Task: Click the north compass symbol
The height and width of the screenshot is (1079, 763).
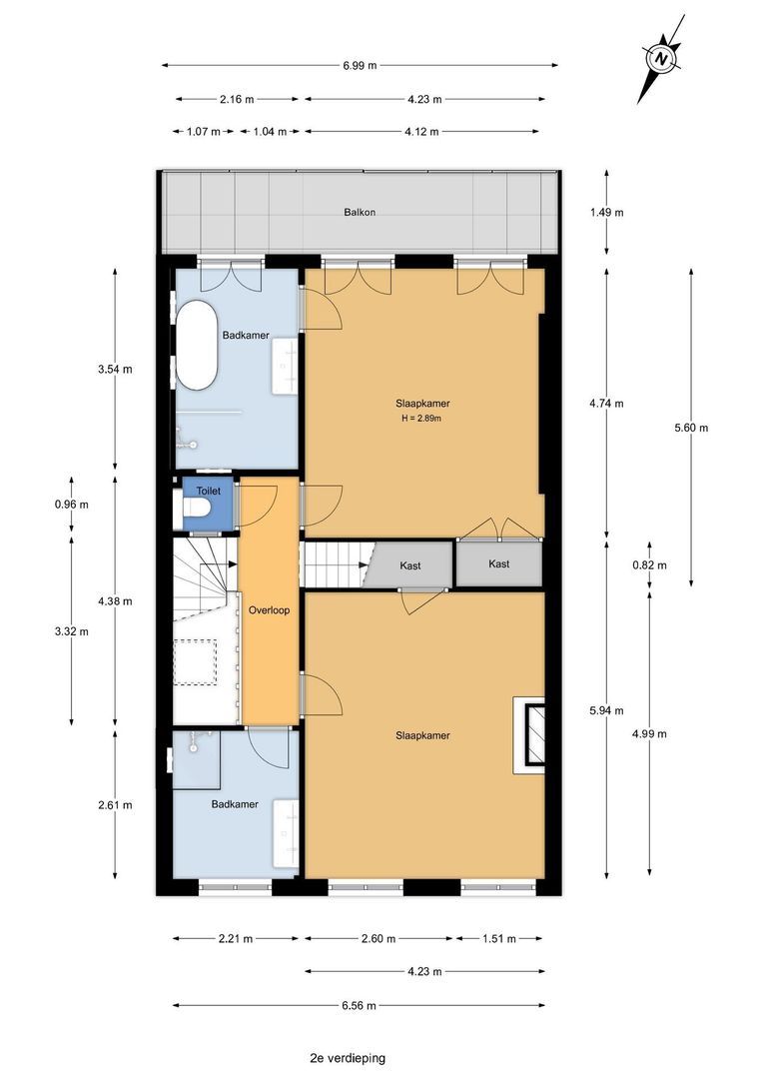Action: coord(661,59)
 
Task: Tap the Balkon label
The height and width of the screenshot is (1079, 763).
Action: coord(360,212)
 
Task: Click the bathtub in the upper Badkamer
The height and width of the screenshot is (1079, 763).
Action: coord(197,346)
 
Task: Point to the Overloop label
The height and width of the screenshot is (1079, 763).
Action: coord(269,609)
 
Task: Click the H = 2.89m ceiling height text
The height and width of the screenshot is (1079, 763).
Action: coord(421,418)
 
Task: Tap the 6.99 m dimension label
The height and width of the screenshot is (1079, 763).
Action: coord(360,66)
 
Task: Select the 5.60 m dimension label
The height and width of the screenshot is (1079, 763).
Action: coord(691,428)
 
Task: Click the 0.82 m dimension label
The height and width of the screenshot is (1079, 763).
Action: coord(649,565)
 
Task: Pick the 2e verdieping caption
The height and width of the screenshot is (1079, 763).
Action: coord(348,1058)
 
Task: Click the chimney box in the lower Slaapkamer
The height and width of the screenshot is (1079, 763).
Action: coord(529,735)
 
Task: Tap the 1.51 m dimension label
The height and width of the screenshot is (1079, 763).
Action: coord(498,938)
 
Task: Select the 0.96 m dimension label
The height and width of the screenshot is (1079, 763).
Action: coord(72,505)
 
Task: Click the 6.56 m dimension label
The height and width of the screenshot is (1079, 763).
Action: coord(359,1005)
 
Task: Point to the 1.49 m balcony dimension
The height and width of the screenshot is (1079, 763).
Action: coord(607,213)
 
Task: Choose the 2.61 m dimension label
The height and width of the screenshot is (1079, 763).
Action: coord(115,804)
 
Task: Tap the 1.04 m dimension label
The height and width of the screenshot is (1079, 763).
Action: coord(270,132)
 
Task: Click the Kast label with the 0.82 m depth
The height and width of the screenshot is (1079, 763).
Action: coord(498,563)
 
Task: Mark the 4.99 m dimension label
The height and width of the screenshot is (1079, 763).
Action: coord(649,733)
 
